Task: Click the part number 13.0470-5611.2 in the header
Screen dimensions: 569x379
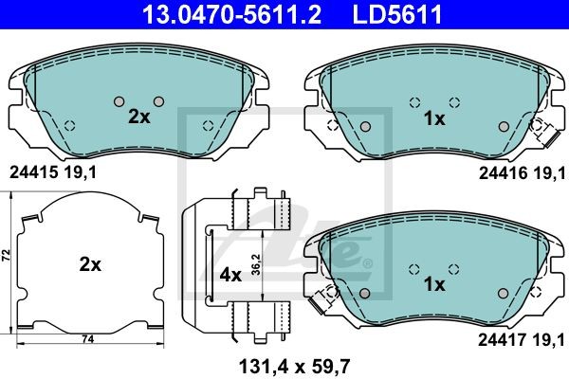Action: click(x=231, y=14)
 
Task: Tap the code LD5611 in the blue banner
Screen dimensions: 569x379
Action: click(x=397, y=14)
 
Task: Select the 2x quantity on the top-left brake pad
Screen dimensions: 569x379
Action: click(x=139, y=117)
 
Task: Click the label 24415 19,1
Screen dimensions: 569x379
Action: click(x=53, y=172)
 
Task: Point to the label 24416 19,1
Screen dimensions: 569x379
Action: click(x=523, y=173)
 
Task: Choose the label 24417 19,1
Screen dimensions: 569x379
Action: click(x=522, y=340)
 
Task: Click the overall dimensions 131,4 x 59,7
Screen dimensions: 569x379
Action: click(x=294, y=367)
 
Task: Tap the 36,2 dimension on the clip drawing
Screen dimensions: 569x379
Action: click(x=256, y=264)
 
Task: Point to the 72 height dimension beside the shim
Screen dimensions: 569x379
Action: click(x=7, y=255)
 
